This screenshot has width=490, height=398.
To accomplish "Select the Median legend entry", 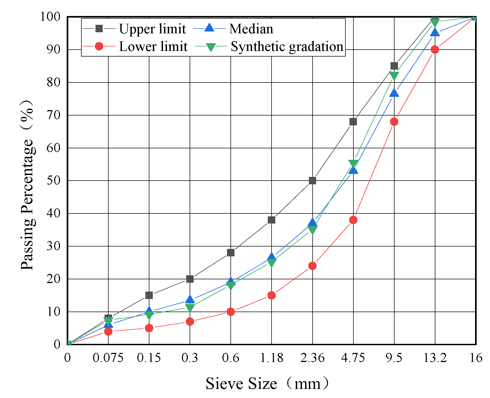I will pos(233,29).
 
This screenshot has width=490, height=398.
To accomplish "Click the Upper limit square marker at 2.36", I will pos(312,181).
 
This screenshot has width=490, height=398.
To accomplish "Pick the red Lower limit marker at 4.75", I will pos(353,220).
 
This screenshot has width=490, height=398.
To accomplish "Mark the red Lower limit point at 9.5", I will pos(394,122).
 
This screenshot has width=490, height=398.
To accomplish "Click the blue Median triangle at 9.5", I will pos(394,93).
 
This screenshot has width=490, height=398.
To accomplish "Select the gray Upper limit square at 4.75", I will pos(353,122).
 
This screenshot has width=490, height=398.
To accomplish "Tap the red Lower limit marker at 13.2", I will pos(435,50).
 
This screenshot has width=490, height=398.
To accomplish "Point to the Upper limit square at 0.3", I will pos(190,279).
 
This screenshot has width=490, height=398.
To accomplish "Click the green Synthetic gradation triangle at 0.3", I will pos(190,308).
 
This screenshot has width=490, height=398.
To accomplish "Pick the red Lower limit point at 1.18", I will pos(272,295).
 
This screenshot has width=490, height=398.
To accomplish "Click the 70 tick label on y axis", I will pos(54,115).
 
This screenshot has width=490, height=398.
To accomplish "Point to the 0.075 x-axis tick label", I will pos(108,358).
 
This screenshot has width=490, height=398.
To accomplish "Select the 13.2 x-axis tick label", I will pos(435,358).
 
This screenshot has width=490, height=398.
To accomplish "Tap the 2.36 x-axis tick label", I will pos(312,358).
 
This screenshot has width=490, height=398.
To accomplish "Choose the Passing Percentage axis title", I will pos(27,185).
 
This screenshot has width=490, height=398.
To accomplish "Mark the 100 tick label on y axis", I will pos(50,17).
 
